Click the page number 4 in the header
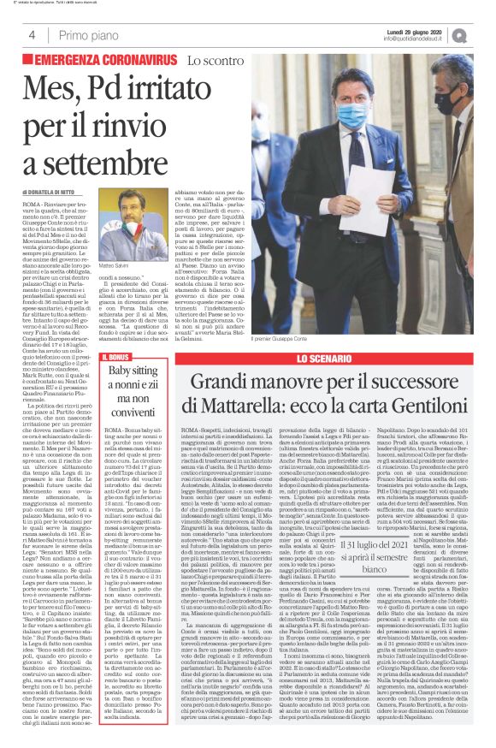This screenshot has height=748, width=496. (32, 34)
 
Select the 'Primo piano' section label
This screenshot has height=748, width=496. (85, 34)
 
